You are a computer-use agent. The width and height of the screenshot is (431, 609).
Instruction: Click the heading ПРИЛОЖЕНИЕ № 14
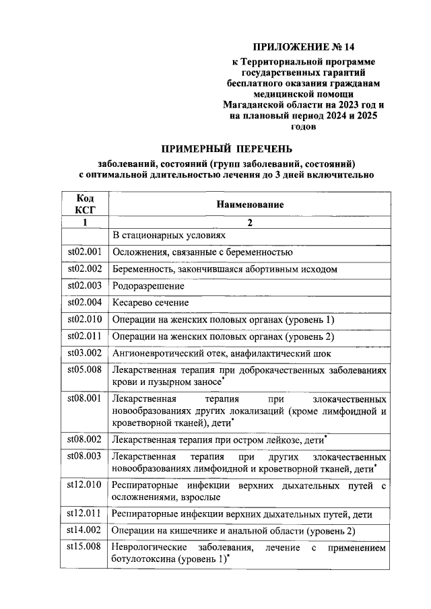[302, 47]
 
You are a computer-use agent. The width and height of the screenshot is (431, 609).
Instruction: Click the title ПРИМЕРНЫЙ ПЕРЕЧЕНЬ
[226, 149]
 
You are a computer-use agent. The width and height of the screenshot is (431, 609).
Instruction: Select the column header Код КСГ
[85, 203]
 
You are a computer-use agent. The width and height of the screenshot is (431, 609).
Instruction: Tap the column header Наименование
[250, 204]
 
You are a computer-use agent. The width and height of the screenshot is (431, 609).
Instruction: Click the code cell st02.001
[85, 252]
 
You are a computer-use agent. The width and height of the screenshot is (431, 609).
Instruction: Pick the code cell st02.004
[85, 302]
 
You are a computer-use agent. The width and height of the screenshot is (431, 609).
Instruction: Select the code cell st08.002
[85, 439]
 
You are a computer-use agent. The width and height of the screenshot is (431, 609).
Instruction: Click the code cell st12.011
[85, 514]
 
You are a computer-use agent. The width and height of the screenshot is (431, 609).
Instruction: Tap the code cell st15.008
[85, 547]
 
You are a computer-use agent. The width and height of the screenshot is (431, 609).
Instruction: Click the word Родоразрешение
[147, 286]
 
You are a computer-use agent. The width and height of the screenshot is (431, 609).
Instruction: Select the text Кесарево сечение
[150, 303]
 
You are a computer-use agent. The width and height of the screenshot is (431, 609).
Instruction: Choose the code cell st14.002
[85, 531]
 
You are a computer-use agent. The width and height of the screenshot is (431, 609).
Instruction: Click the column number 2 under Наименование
[250, 223]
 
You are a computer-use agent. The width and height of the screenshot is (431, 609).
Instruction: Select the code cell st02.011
[85, 336]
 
